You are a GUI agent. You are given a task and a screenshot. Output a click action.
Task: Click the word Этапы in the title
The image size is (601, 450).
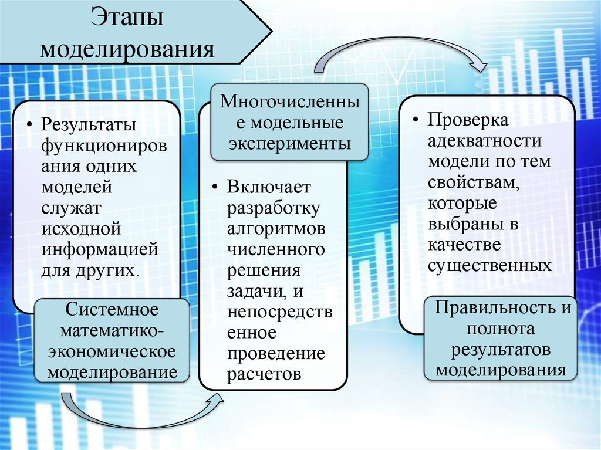click(126, 17)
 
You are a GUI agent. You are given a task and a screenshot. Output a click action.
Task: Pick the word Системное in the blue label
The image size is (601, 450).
click(112, 309)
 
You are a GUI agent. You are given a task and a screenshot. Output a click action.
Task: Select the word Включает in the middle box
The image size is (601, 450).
click(269, 187)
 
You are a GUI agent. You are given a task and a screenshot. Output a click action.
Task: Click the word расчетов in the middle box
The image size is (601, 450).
click(265, 374)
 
